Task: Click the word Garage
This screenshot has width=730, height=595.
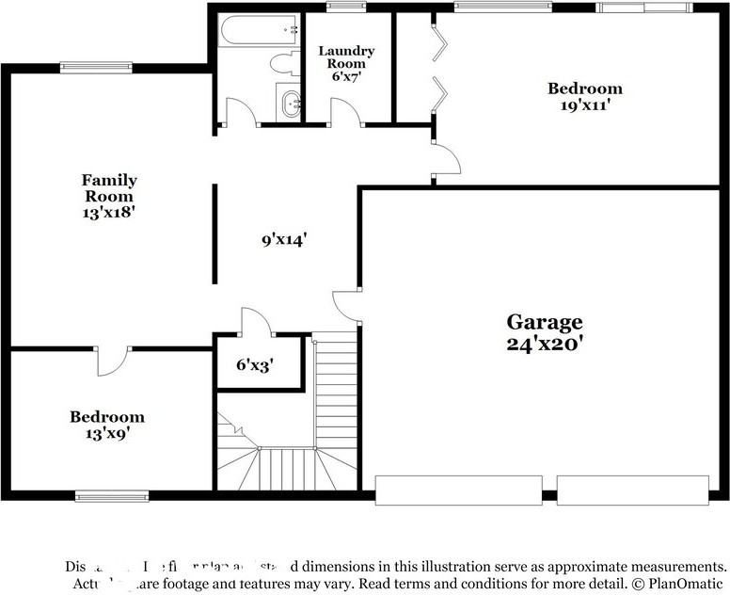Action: click(545, 322)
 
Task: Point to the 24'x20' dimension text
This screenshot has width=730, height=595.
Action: click(545, 344)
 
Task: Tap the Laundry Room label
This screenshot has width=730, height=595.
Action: click(346, 56)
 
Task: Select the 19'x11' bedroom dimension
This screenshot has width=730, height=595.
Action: click(585, 105)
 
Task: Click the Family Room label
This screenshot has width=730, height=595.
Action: click(109, 187)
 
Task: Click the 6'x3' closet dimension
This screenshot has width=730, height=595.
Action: click(255, 364)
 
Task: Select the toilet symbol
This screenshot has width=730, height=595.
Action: click(282, 64)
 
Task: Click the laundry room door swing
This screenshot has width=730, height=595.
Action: click(345, 111)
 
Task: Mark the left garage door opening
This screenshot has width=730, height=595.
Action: click(458, 490)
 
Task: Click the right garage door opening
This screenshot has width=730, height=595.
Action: click(632, 490)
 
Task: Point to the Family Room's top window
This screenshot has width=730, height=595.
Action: click(96, 67)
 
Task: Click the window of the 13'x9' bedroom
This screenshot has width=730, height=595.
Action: click(112, 496)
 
